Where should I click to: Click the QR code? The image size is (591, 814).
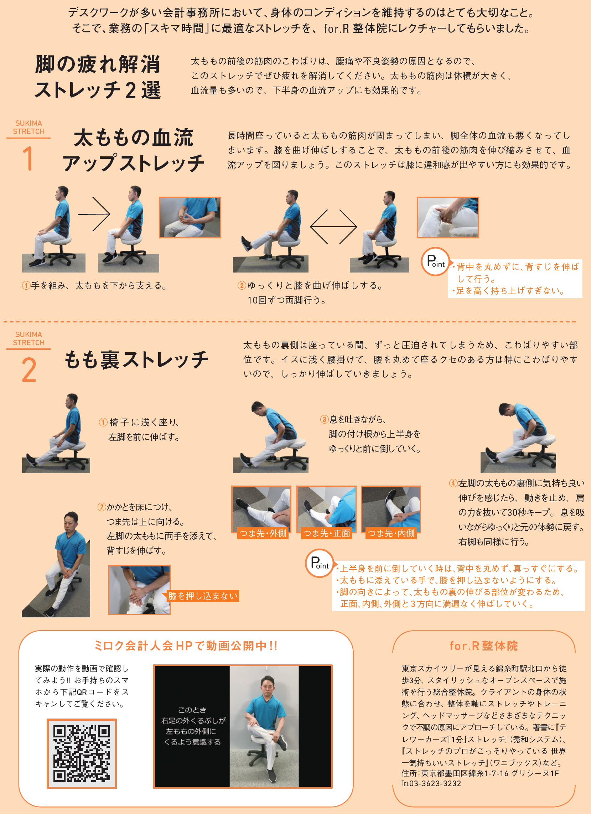click(x=82, y=753)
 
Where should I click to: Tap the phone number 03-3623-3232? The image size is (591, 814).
click(x=435, y=783)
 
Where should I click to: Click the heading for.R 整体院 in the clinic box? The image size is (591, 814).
click(x=483, y=646)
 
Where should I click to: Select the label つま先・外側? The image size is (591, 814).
click(x=263, y=533)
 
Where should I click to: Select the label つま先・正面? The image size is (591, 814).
click(x=326, y=533)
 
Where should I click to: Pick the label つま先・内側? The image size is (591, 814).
click(x=391, y=533)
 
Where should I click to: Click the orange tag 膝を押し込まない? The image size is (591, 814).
click(x=203, y=596)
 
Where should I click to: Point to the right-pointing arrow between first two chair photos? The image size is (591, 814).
click(x=94, y=214)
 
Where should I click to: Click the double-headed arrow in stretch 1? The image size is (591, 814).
click(x=333, y=227)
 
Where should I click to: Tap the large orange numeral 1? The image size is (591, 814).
click(x=28, y=158)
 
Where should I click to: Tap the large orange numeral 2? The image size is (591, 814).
click(x=29, y=370)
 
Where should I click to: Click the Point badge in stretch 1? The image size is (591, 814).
click(x=435, y=261)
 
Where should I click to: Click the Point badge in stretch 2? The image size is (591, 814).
click(x=319, y=563)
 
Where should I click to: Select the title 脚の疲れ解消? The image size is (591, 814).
click(x=98, y=64)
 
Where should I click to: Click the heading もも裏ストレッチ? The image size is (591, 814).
click(x=136, y=360)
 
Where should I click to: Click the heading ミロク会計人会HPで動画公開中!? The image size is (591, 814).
click(x=186, y=646)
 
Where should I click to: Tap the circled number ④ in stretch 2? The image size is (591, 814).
click(x=453, y=483)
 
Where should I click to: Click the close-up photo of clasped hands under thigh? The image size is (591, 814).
click(x=190, y=217)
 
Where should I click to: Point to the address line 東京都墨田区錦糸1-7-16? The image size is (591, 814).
click(x=465, y=773)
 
